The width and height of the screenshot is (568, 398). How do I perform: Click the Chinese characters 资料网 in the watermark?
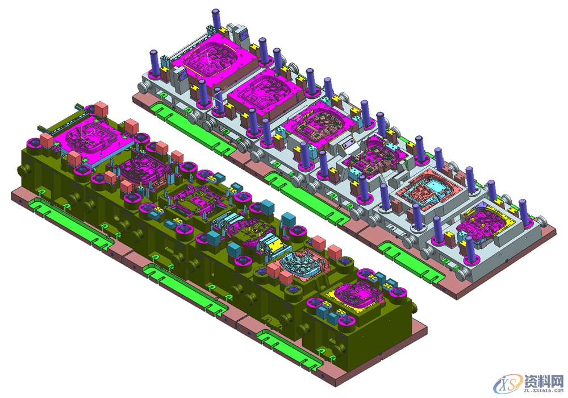544,381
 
